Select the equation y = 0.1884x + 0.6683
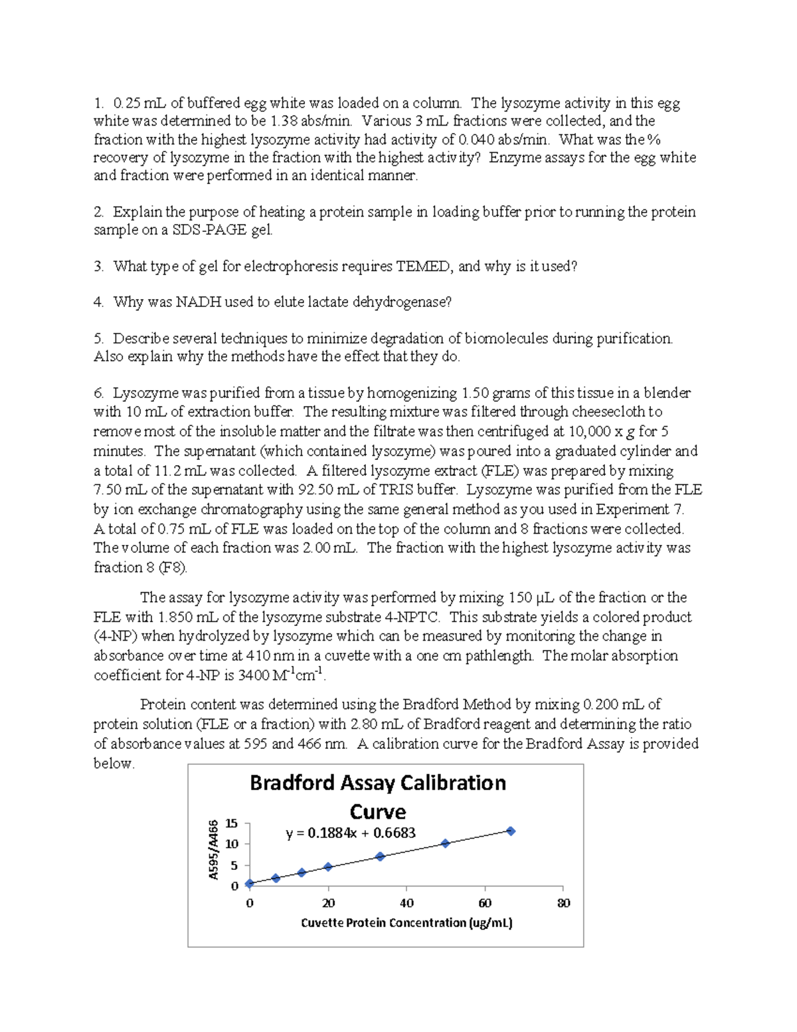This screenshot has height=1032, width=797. pyautogui.click(x=351, y=833)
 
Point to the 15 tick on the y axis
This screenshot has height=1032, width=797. pyautogui.click(x=231, y=823)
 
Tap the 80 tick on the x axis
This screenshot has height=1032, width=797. pyautogui.click(x=563, y=903)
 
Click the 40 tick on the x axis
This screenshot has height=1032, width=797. pyautogui.click(x=406, y=903)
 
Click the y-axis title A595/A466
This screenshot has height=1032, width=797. pyautogui.click(x=213, y=850)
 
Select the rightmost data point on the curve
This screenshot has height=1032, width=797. pyautogui.click(x=511, y=831)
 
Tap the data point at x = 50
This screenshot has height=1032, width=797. pyautogui.click(x=445, y=843)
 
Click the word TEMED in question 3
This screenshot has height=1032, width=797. pyautogui.click(x=423, y=266)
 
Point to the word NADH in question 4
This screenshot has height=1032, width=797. pyautogui.click(x=198, y=302)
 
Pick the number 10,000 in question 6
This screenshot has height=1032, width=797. pyautogui.click(x=590, y=431)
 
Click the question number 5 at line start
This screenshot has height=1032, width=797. pyautogui.click(x=98, y=339)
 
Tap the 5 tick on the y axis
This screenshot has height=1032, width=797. pyautogui.click(x=234, y=866)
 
